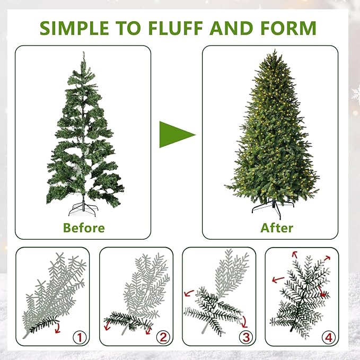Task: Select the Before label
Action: pyautogui.click(x=84, y=228)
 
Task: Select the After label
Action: pyautogui.click(x=276, y=228)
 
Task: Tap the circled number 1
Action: pyautogui.click(x=80, y=336)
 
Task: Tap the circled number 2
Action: pyautogui.click(x=163, y=336)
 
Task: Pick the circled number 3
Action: pyautogui.click(x=245, y=336)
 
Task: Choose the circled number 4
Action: pyautogui.click(x=329, y=336)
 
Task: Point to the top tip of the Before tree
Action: pyautogui.click(x=83, y=53)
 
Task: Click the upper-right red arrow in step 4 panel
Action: pyautogui.click(x=326, y=258)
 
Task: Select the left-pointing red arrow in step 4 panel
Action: pyautogui.click(x=276, y=279)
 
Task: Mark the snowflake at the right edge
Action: pyautogui.click(x=355, y=94)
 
